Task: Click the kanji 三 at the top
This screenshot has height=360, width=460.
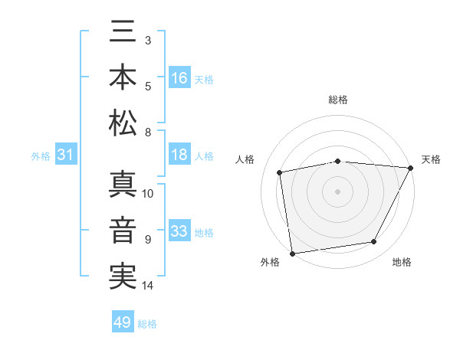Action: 123,34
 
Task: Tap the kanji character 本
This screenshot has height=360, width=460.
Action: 123,78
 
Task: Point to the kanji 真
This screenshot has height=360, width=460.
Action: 123,186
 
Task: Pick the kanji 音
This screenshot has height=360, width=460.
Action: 123,231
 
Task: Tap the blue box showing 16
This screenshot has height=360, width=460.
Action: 180,78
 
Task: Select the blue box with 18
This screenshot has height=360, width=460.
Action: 179,155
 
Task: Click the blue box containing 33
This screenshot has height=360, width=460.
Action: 179,231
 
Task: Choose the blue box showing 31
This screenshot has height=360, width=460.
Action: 65,155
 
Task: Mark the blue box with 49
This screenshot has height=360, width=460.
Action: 123,322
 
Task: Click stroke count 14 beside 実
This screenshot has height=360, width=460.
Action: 148,286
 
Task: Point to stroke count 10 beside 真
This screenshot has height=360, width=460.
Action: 148,193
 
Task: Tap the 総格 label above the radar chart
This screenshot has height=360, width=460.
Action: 338,100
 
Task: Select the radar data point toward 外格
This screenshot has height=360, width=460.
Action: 292,253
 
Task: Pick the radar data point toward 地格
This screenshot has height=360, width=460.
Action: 374,242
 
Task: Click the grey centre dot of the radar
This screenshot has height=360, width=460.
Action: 338,191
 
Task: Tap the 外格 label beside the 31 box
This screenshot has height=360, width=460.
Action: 41,156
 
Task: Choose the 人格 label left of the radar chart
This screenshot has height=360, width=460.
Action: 245,159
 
